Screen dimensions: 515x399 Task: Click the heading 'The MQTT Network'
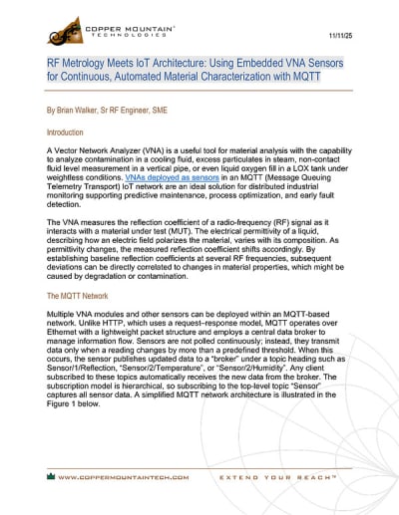click(x=81, y=297)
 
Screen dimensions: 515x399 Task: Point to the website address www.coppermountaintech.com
click(x=123, y=477)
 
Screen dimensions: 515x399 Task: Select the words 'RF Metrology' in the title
click(x=81, y=62)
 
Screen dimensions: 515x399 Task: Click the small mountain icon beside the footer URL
click(x=49, y=477)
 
